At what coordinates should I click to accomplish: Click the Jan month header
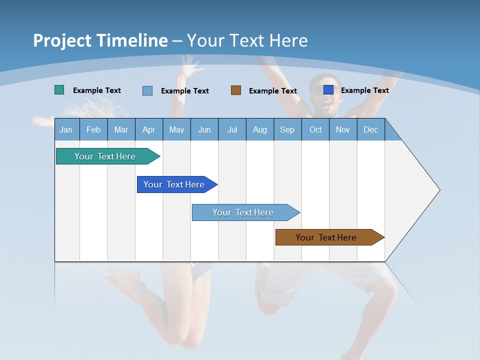coord(66,129)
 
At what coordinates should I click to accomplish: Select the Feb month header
coord(93,129)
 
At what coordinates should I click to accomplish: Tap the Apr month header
coord(148,129)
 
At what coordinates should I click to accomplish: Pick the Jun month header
coord(204,129)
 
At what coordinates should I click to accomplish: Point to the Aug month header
coord(259,129)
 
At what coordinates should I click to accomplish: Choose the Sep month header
coord(287,129)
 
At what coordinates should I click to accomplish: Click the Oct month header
coord(315,129)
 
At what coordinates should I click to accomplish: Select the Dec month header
coord(370,129)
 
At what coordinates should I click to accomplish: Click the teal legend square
coord(59,90)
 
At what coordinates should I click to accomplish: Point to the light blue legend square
coord(147,90)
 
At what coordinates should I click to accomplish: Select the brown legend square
coord(236,90)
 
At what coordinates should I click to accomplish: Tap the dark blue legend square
coord(328,90)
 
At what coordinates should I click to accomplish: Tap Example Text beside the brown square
coord(273,90)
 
